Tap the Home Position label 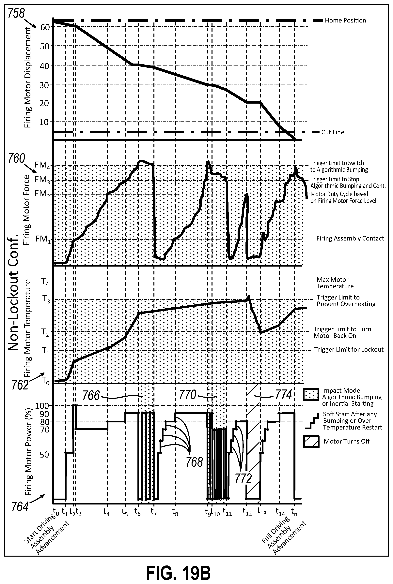[x=345, y=20]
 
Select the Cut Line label [x=333, y=132]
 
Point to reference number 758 [x=16, y=14]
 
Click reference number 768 [x=194, y=462]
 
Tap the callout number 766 [x=91, y=396]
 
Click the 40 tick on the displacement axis [x=45, y=65]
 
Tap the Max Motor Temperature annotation [x=335, y=283]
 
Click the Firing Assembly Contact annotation [x=350, y=238]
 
